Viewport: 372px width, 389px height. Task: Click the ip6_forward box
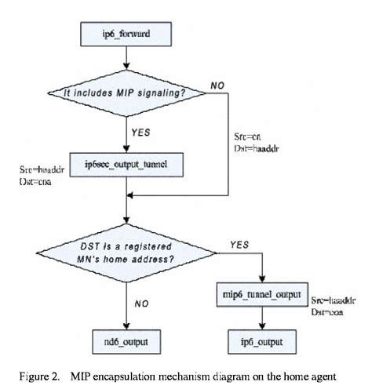point(127,34)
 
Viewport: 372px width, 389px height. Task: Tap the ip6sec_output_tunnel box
point(127,163)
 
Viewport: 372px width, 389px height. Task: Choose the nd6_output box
point(127,343)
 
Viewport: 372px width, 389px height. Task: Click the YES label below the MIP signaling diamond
point(142,132)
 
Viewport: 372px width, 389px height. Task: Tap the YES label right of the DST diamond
point(239,245)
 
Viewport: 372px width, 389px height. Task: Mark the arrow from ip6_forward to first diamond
point(127,59)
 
